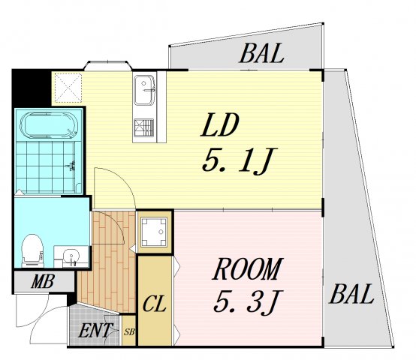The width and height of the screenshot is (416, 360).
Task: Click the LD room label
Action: [220, 125]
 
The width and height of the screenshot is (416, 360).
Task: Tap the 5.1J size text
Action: [240, 160]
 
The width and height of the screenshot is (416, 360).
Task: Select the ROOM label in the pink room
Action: [246, 268]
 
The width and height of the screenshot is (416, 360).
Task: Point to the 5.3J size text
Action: [248, 302]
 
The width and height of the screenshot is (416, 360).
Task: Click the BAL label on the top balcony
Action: [262, 53]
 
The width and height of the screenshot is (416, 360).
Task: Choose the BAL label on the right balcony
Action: [351, 293]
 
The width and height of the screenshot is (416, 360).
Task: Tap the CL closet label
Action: [155, 304]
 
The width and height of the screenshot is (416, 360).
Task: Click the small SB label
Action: [129, 331]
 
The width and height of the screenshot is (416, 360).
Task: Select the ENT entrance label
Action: [95, 331]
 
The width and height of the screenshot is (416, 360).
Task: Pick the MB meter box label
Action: [43, 281]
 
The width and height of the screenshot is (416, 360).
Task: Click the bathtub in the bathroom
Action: [50, 125]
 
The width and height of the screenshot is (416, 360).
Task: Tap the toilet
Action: [32, 250]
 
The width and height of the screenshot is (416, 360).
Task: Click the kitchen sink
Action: [144, 90]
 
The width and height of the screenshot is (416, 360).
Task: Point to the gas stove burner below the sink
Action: [143, 128]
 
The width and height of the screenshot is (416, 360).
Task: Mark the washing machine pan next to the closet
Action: [154, 232]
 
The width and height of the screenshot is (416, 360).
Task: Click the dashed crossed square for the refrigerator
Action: [68, 88]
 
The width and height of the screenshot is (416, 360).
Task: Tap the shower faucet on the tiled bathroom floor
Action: [71, 166]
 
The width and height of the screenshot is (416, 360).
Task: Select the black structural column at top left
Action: [32, 88]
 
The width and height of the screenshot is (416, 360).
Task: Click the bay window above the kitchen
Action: [108, 66]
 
